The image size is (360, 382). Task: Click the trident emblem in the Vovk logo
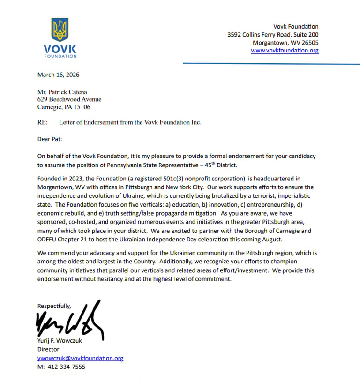click(x=60, y=30)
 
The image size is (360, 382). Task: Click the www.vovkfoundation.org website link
click(x=285, y=51)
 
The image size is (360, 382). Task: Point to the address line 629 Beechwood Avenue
click(x=69, y=99)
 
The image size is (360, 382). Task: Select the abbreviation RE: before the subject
click(x=43, y=122)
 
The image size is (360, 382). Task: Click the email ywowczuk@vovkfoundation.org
click(x=80, y=358)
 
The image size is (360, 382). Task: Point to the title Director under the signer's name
click(x=48, y=349)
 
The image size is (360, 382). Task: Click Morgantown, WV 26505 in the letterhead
click(x=285, y=42)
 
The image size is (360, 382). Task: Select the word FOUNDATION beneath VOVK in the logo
click(x=60, y=56)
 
